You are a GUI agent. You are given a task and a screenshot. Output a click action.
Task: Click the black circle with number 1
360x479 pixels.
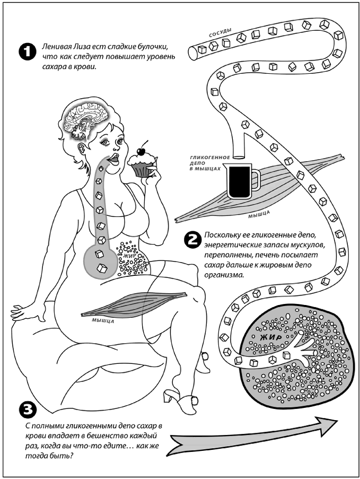pos(25,51)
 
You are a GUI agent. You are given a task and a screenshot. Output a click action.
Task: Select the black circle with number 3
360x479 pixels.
pos(26,409)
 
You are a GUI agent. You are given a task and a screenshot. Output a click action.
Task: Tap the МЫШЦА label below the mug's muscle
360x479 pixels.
pos(260,216)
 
